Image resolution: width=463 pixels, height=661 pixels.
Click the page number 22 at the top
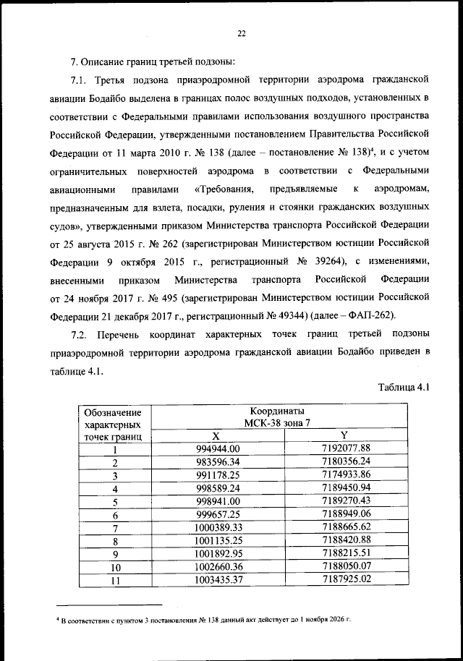click(242, 33)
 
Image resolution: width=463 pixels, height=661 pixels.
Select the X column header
click(215, 435)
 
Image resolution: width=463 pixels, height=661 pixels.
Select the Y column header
click(345, 435)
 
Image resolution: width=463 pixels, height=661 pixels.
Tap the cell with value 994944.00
click(215, 448)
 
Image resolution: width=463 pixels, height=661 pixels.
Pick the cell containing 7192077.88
click(345, 448)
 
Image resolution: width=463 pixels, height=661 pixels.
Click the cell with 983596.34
click(215, 462)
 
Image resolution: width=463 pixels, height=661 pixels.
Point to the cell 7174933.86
click(345, 475)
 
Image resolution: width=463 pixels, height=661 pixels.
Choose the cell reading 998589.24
click(215, 488)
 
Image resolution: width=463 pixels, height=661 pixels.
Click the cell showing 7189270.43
click(345, 501)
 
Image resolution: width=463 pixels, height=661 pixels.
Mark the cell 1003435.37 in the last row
click(215, 580)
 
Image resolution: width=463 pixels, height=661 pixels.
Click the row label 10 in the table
click(114, 567)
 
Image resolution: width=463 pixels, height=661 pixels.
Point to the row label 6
click(114, 515)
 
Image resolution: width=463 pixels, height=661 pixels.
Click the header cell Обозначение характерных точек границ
click(114, 424)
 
